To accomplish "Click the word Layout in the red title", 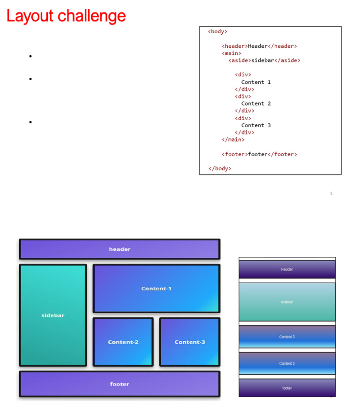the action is pyautogui.click(x=30, y=16).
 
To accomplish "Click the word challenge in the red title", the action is pyautogui.click(x=91, y=15).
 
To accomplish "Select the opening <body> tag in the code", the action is pyautogui.click(x=217, y=31).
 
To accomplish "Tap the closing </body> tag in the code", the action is pyautogui.click(x=220, y=169).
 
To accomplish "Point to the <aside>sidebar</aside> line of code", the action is pyautogui.click(x=264, y=60).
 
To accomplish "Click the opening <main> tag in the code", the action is pyautogui.click(x=232, y=53).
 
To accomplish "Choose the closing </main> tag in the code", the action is pyautogui.click(x=233, y=140).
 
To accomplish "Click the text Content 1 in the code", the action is pyautogui.click(x=256, y=83).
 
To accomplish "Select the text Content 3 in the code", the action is pyautogui.click(x=256, y=125).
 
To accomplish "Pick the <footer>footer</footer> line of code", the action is pyautogui.click(x=259, y=155).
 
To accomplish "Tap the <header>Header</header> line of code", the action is pyautogui.click(x=259, y=46).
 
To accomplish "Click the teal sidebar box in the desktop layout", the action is pyautogui.click(x=53, y=315).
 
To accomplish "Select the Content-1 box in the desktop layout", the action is pyautogui.click(x=157, y=288).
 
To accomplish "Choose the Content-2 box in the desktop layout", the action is pyautogui.click(x=123, y=342).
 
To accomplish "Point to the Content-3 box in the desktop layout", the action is pyautogui.click(x=190, y=342).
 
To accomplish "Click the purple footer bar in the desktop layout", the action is pyautogui.click(x=120, y=384).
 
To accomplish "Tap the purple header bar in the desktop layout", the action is pyautogui.click(x=120, y=249).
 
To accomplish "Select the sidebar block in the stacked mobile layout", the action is pyautogui.click(x=287, y=302).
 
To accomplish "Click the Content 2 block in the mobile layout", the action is pyautogui.click(x=287, y=363).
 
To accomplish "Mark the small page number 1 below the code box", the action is pyautogui.click(x=331, y=193).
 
